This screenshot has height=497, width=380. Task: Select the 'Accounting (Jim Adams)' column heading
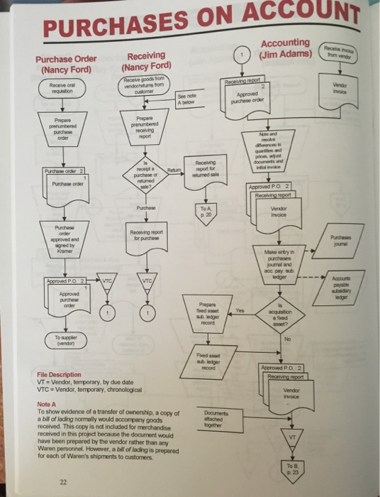coord(286,48)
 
